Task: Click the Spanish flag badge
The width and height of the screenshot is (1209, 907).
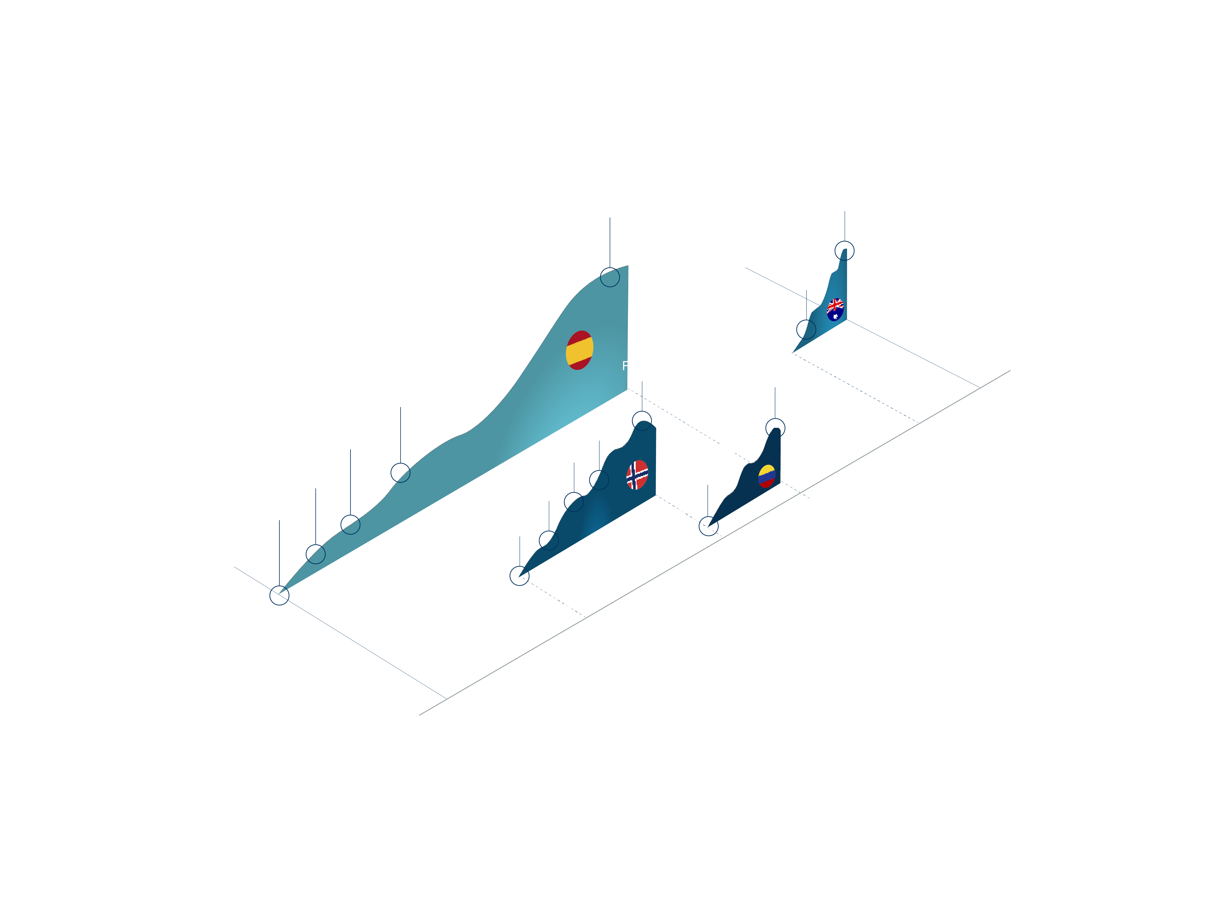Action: (579, 350)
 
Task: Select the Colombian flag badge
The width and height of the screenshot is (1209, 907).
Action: (767, 476)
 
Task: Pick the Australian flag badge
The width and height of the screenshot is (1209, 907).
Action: (835, 309)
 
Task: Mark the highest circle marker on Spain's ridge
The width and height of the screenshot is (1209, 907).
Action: (610, 277)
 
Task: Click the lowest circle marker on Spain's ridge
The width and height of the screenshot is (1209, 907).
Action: (279, 595)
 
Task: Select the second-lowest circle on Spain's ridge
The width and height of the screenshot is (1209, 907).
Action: (315, 554)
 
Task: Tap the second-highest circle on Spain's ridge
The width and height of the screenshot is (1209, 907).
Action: (401, 473)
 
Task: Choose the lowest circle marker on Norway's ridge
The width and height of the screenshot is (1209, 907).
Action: (519, 576)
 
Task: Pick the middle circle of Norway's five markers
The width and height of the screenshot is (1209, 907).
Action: (573, 502)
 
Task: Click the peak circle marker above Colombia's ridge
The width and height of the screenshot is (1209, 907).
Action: (775, 427)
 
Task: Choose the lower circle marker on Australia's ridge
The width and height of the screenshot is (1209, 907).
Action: (806, 330)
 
